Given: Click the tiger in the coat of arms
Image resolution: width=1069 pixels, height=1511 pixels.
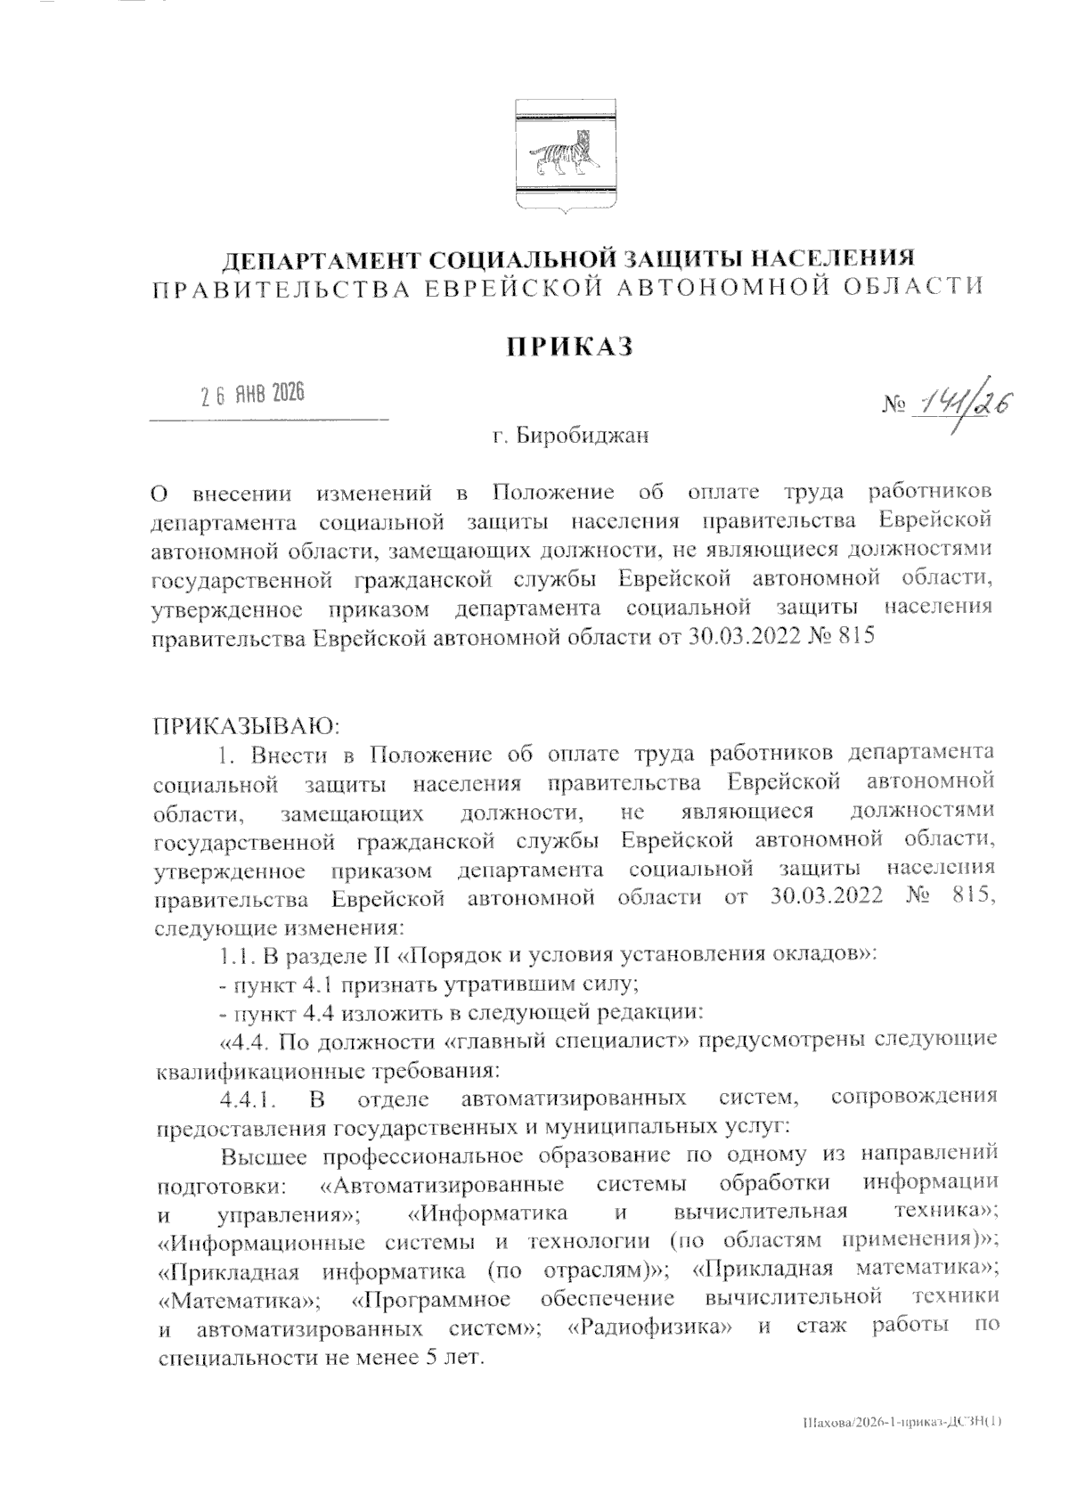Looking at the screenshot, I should (561, 154).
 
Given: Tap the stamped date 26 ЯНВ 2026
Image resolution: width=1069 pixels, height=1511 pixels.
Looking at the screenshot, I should (251, 394).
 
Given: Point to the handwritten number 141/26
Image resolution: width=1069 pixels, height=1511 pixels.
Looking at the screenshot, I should (970, 406).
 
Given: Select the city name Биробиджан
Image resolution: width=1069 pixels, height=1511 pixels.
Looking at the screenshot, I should (584, 437).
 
